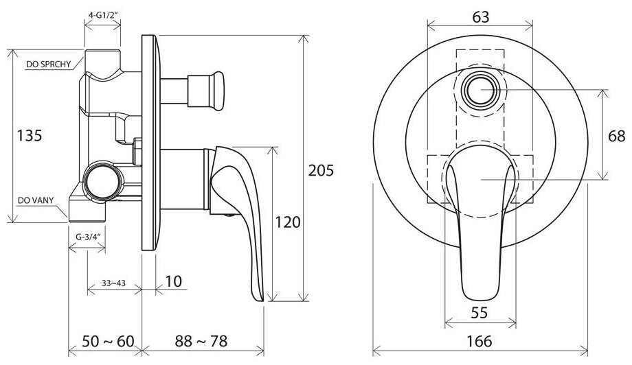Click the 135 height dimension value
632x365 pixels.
[29, 136]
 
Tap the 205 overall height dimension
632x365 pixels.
[321, 171]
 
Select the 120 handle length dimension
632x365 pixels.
[287, 222]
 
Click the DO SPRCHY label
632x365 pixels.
[48, 64]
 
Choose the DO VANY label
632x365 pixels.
[36, 200]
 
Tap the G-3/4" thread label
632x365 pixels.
[87, 237]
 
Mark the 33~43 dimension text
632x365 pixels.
[113, 283]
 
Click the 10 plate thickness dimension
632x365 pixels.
[174, 281]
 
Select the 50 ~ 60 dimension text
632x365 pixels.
[108, 341]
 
